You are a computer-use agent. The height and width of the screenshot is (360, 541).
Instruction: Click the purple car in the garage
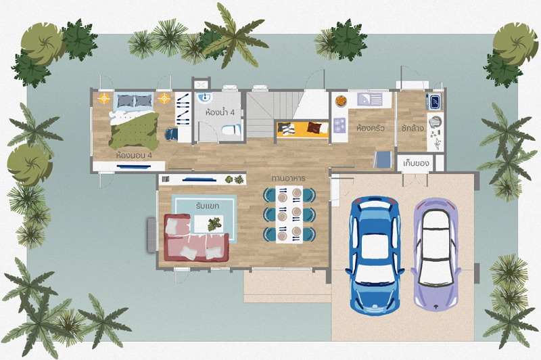tap(436, 254)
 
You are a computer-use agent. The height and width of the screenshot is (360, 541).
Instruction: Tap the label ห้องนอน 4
tap(134, 156)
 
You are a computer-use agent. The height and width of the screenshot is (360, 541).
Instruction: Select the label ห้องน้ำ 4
tap(220, 112)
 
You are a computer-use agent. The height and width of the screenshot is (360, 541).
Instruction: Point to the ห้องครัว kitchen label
tap(370, 128)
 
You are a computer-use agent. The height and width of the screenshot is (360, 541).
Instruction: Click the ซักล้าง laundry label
tap(413, 128)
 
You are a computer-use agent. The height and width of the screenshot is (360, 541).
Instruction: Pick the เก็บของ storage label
tap(416, 163)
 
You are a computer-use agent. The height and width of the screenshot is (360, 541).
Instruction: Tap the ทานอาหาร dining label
tap(288, 179)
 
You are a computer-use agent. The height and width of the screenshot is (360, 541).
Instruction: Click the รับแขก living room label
tap(208, 206)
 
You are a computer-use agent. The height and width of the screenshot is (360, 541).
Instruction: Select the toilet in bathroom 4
tap(231, 129)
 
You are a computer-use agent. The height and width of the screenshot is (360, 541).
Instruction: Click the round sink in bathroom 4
tap(204, 97)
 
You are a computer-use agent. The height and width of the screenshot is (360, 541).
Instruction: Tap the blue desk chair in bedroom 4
tap(171, 134)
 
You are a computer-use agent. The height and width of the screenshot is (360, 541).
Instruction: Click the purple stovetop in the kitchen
tap(339, 125)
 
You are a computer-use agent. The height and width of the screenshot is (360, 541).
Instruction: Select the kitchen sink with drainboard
tap(369, 99)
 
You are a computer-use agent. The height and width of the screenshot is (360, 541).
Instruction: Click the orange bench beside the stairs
tap(302, 129)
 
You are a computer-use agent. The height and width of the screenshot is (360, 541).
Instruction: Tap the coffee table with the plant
tap(208, 224)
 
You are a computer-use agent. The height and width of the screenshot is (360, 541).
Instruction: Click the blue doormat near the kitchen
tap(383, 160)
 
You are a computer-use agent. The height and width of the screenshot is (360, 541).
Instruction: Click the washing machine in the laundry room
tap(433, 101)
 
